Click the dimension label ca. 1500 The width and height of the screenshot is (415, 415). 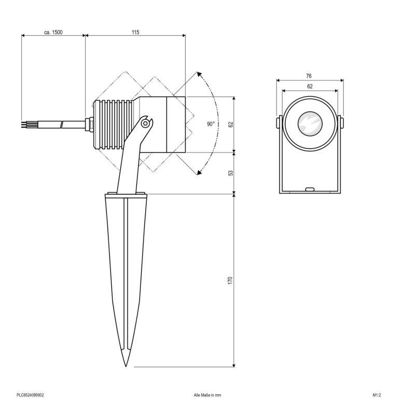point(53,32)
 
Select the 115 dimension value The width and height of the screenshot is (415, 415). point(135,32)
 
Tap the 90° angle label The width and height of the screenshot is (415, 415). point(210,124)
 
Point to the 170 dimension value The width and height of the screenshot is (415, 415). point(231,280)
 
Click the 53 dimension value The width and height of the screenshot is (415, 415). point(231,173)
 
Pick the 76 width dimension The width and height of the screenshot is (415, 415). point(310,76)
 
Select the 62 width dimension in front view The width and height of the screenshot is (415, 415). point(310,87)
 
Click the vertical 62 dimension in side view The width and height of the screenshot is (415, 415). point(231,125)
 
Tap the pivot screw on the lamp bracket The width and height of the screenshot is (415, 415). point(147,123)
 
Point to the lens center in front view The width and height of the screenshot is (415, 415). point(310,124)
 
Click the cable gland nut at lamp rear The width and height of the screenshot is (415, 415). point(89,124)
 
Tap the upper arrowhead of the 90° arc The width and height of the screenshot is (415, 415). point(198,75)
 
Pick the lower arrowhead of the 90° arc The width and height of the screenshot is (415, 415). point(198,174)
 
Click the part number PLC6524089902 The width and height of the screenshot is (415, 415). point(30,395)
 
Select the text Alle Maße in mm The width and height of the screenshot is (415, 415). point(207,395)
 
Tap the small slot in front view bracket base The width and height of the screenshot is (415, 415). point(310,189)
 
